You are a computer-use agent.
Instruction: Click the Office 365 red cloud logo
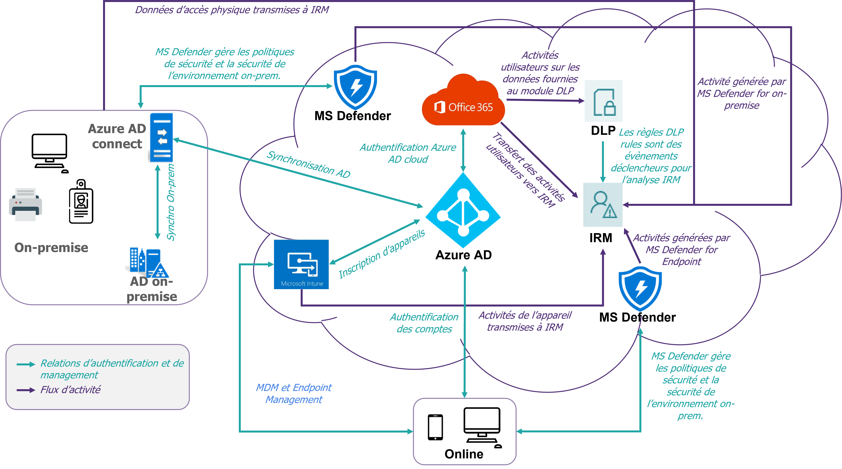[463, 100]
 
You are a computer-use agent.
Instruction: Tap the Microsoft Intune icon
[301, 264]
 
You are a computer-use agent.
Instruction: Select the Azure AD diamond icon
[463, 210]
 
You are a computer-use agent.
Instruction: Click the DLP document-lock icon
[603, 101]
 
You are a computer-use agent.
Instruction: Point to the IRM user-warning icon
[603, 205]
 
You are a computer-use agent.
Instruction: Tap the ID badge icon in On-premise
[81, 201]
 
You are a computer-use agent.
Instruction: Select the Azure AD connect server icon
[161, 137]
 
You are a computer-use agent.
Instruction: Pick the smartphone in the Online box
[435, 427]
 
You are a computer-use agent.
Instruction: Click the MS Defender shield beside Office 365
[355, 87]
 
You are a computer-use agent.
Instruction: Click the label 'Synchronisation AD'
[308, 164]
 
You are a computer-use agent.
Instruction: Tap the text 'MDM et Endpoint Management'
[294, 393]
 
